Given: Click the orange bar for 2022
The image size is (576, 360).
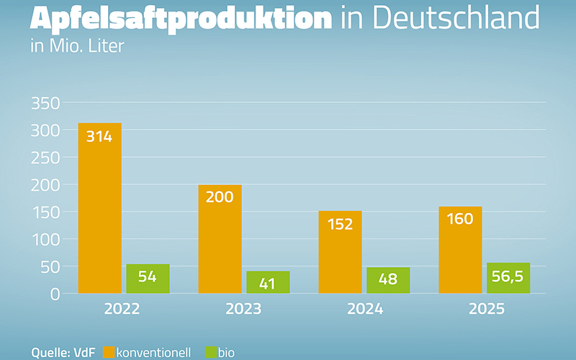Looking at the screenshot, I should tap(99, 209).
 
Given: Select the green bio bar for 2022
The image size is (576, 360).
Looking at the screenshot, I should tap(148, 279).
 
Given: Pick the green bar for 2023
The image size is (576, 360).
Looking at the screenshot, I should tap(268, 282).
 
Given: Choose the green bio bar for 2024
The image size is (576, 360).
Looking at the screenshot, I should tap(388, 280).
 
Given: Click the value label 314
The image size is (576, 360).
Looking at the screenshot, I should tap(99, 135).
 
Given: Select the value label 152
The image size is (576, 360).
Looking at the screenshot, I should tap(340, 224).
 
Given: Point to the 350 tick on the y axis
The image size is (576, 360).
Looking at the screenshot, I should tap(45, 103).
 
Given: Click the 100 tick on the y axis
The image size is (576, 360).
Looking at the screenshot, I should tap(45, 239).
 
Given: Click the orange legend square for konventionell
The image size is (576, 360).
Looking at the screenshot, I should tap(109, 352).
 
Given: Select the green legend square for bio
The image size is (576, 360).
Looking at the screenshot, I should tap(212, 352).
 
